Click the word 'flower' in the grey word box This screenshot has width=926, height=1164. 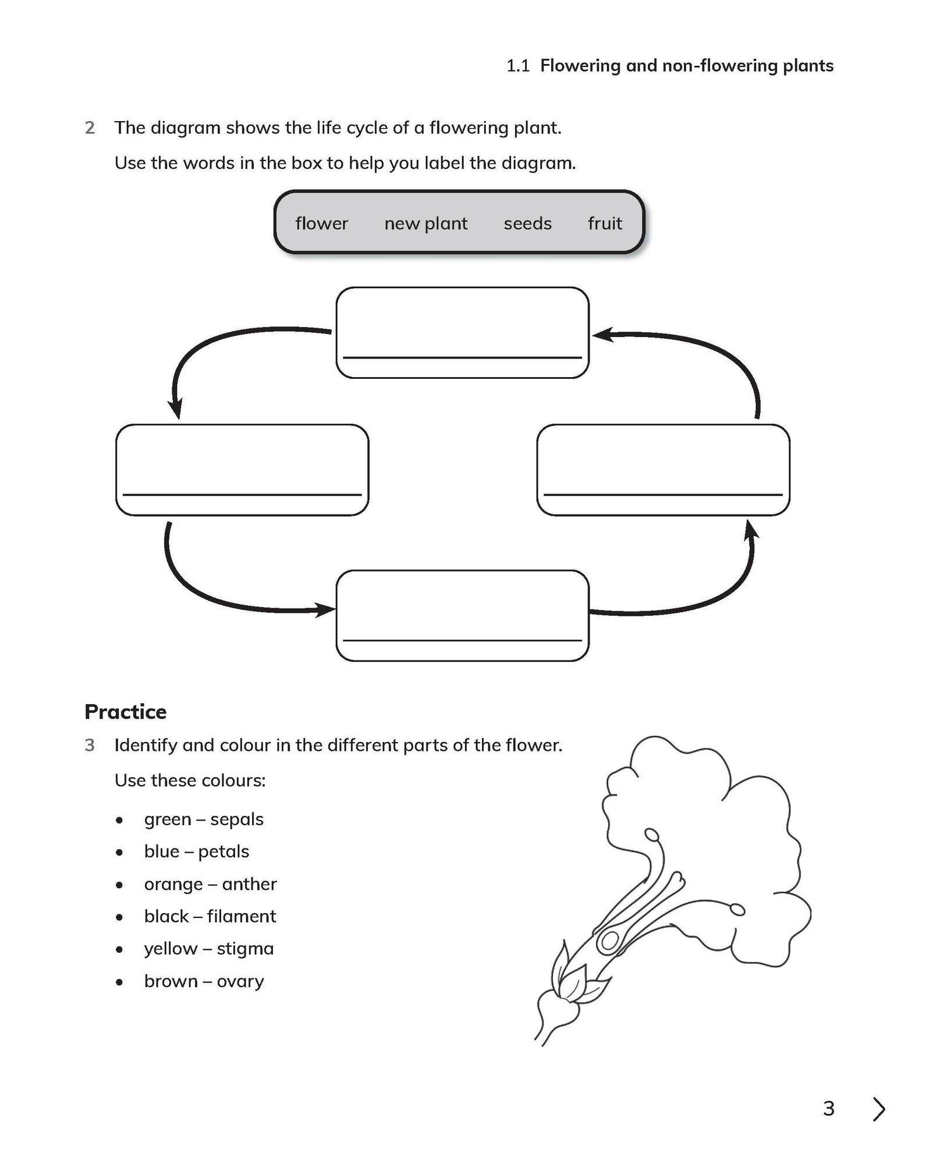[x=321, y=223]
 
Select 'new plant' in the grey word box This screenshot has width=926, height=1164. [x=425, y=223]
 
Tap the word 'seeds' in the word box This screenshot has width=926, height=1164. [x=527, y=223]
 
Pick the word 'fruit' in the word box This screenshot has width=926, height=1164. [x=605, y=223]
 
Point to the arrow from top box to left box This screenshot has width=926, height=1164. [x=221, y=343]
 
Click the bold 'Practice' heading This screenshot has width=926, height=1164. [x=125, y=712]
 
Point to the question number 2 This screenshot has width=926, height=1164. [x=90, y=127]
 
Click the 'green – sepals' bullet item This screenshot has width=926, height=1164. [x=203, y=819]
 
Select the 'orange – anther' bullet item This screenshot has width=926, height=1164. [x=210, y=884]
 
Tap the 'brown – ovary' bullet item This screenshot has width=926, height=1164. [x=204, y=981]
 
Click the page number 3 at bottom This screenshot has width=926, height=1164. [x=829, y=1109]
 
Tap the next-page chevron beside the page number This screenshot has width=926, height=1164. [x=879, y=1109]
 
